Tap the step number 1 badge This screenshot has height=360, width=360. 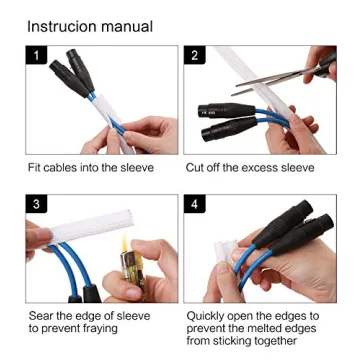(x=37, y=56)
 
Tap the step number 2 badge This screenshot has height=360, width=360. (x=194, y=56)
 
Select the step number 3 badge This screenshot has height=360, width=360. (x=37, y=205)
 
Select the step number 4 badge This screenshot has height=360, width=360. (x=194, y=205)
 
